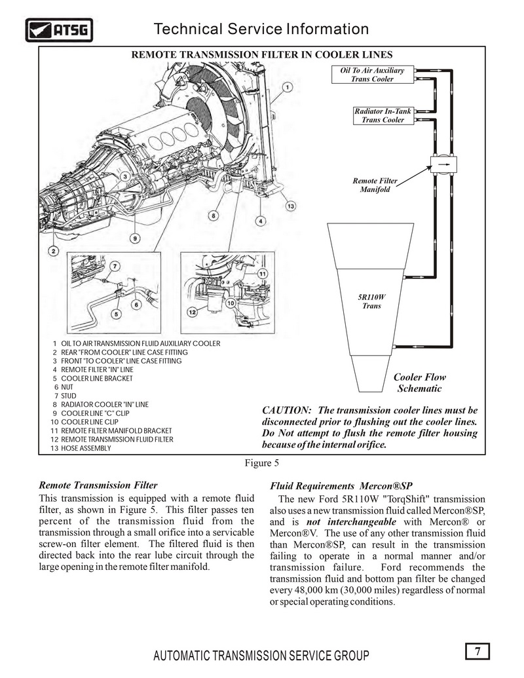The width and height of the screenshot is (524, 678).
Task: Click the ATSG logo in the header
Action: coord(59,30)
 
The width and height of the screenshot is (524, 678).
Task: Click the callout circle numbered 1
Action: coord(288,87)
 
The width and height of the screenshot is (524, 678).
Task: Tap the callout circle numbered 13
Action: coord(291,206)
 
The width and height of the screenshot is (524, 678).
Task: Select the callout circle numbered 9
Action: coord(136,238)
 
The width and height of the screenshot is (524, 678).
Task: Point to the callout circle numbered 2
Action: coord(53,252)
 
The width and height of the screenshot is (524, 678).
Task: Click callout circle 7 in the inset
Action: coord(115,267)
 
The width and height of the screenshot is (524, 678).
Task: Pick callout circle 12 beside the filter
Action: coord(192,312)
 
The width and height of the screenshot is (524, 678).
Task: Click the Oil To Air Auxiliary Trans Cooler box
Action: coord(372,75)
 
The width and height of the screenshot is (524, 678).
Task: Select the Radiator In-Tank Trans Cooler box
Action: coord(383,115)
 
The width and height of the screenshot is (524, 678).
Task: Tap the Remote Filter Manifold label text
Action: coord(375,185)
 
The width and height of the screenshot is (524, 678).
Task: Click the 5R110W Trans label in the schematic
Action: coord(372,301)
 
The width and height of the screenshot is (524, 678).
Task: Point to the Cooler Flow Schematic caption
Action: coord(419,383)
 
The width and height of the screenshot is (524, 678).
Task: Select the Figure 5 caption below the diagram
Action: coord(262,463)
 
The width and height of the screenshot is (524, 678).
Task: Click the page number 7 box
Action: coord(477,651)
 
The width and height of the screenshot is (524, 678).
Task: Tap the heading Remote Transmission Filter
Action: coord(98,485)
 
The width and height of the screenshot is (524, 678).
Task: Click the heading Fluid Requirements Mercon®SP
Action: coord(341,486)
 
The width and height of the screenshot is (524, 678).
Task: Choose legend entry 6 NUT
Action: coord(64,387)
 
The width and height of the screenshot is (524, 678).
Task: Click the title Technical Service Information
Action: coord(261,29)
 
